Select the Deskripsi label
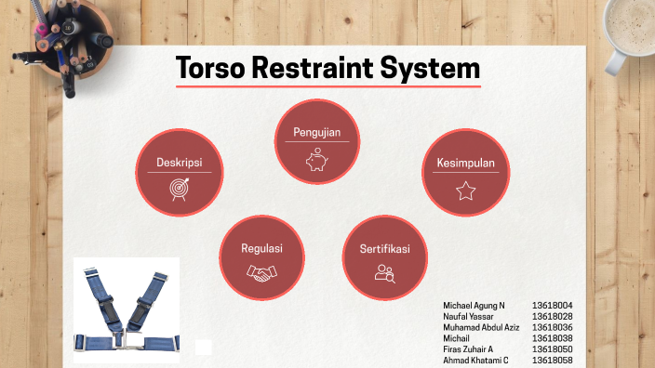[179, 162]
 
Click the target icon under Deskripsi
[179, 189]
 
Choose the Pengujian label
[316, 132]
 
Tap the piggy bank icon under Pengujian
[316, 159]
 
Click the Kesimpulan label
[465, 163]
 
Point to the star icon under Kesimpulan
[465, 191]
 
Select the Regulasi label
[261, 249]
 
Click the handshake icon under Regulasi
[261, 273]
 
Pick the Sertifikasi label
[385, 250]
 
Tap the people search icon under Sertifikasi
[385, 273]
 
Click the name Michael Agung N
[475, 306]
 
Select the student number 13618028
[552, 317]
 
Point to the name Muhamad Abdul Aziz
[481, 328]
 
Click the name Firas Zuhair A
[468, 349]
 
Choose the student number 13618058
[552, 361]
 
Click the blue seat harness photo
[127, 310]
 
